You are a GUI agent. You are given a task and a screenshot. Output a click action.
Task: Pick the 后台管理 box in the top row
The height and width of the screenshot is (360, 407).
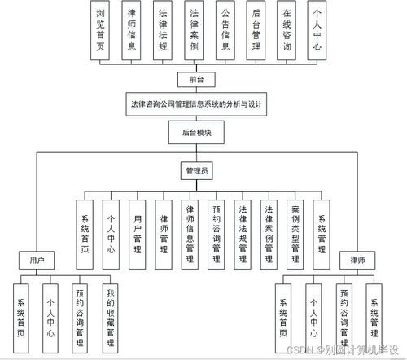256,31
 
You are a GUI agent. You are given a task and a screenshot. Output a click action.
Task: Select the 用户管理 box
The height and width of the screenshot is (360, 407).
138,233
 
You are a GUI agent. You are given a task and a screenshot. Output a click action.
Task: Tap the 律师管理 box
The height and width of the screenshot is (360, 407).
164,233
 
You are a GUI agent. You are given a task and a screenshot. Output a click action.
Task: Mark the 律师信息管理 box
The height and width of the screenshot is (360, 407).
190,233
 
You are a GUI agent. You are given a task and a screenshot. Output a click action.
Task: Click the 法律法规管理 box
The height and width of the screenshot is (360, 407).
242,233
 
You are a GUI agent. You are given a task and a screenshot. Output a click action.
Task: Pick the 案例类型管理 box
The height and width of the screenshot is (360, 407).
295,233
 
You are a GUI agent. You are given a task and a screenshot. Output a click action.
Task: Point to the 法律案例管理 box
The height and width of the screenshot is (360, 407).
268,233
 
